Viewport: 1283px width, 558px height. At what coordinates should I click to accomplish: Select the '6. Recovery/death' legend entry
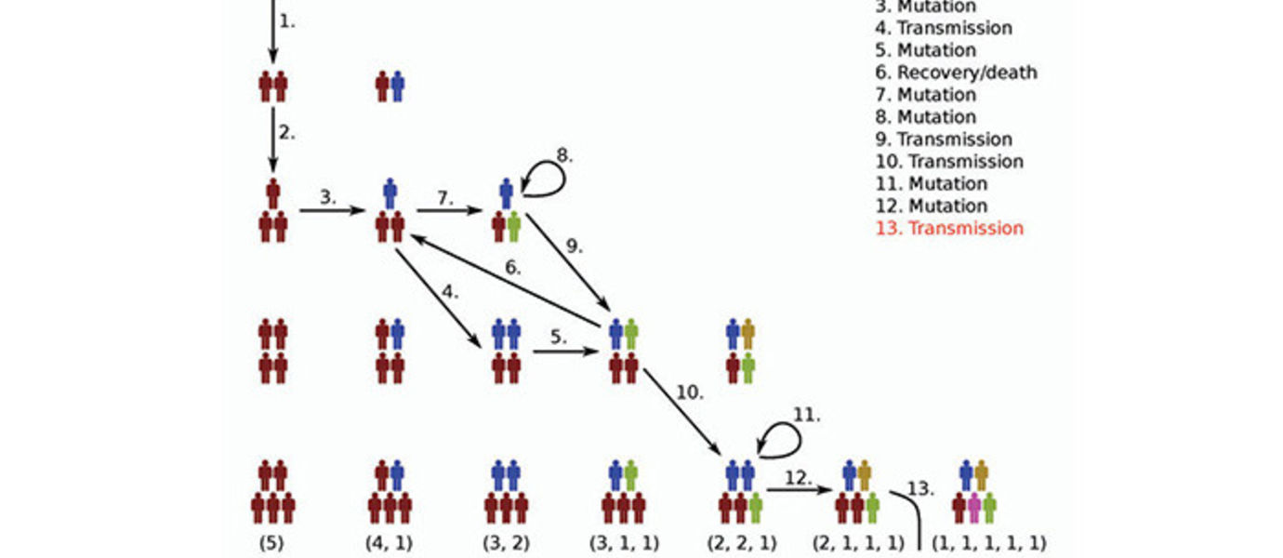[956, 72]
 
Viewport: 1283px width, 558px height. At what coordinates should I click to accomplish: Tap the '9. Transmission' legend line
[944, 139]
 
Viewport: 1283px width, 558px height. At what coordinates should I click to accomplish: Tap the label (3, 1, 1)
[624, 542]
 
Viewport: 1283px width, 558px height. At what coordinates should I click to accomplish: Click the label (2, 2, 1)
[741, 542]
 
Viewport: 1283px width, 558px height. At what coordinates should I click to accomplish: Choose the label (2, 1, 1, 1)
[858, 542]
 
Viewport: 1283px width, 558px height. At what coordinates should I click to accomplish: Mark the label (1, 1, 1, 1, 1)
[988, 542]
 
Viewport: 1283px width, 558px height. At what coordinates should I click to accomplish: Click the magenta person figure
[973, 508]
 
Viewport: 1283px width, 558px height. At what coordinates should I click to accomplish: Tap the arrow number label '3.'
[327, 197]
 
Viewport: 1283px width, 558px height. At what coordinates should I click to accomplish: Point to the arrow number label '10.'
[689, 392]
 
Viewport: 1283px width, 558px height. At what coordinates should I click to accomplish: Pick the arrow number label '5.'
[558, 337]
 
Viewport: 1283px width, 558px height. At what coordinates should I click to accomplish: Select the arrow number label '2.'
[286, 132]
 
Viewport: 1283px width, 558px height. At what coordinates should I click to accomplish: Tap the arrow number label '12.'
[796, 478]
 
